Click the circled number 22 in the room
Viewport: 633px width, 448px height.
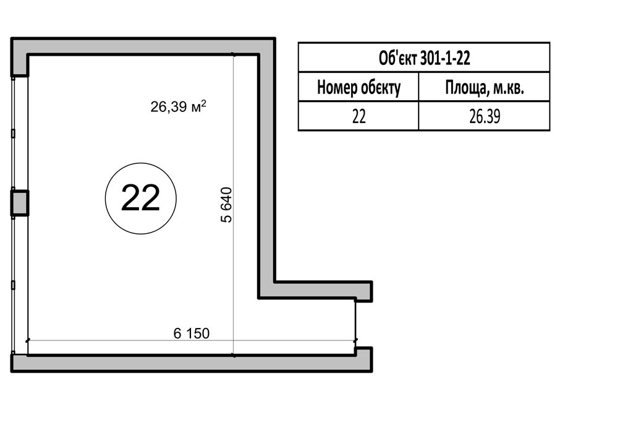click(x=140, y=199)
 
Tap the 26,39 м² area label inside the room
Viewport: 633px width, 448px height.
click(x=179, y=106)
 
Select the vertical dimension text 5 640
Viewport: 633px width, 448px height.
click(x=226, y=205)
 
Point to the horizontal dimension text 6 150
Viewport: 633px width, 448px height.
click(x=192, y=334)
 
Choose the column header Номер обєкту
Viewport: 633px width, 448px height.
click(x=359, y=87)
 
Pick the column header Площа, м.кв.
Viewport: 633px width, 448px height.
click(x=485, y=87)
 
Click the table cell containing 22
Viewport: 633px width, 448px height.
click(x=359, y=116)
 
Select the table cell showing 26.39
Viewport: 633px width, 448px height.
click(x=485, y=116)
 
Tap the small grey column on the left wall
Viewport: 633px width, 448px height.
click(x=19, y=203)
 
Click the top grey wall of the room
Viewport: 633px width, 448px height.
click(x=143, y=46)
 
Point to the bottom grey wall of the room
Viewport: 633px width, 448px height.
click(x=192, y=363)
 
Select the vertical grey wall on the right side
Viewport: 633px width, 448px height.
click(x=266, y=168)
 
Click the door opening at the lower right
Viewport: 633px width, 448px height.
click(x=355, y=323)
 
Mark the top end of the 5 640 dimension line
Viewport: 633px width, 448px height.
click(x=233, y=54)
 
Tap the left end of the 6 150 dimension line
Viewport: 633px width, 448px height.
click(x=28, y=340)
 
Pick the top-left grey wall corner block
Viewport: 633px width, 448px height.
click(x=19, y=56)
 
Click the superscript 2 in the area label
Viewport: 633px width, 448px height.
click(x=204, y=103)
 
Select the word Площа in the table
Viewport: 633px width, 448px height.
click(x=464, y=87)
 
